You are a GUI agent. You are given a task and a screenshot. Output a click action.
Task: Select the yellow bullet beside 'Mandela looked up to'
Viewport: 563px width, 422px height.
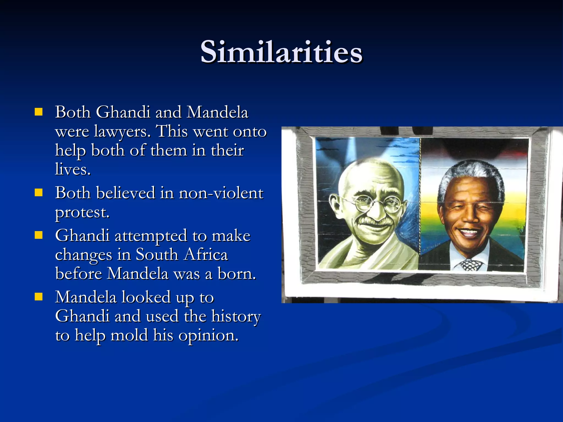click(39, 297)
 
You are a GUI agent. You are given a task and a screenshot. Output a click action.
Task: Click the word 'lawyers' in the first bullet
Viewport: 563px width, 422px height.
click(122, 132)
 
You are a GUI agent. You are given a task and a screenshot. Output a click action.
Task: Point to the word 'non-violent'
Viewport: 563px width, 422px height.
click(221, 193)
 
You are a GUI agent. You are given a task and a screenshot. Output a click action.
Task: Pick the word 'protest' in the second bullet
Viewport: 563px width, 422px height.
click(82, 212)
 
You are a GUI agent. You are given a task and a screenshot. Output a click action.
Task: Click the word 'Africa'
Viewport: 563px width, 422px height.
click(206, 255)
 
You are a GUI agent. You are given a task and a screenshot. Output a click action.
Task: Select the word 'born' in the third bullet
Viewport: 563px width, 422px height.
click(236, 274)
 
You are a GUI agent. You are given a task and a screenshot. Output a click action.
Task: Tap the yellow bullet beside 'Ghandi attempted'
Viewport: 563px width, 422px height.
click(39, 235)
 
